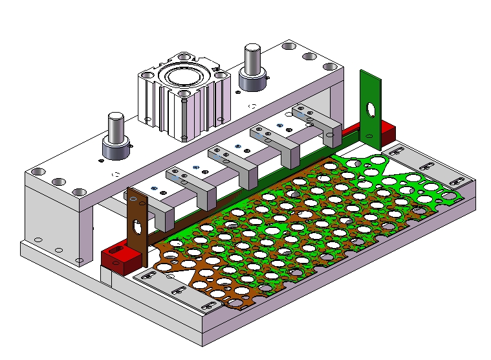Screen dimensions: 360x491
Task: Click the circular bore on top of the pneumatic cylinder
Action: (183, 78)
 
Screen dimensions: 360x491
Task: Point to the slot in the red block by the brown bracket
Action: (118, 249)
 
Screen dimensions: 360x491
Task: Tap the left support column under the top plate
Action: (54, 220)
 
